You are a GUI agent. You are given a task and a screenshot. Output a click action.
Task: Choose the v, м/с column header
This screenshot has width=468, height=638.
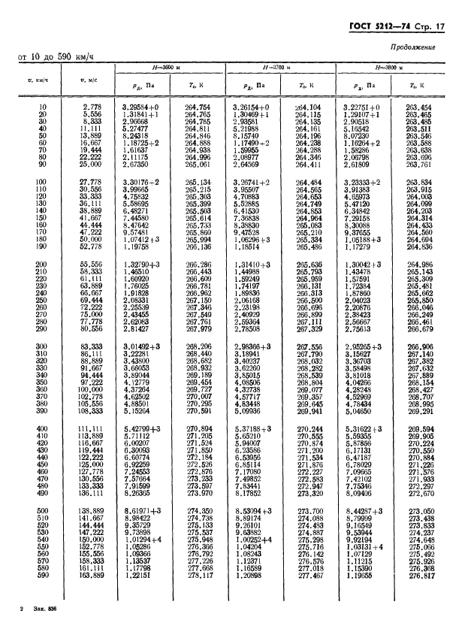tap(89, 78)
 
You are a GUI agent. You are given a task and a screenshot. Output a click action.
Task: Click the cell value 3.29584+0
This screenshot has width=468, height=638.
tap(142, 108)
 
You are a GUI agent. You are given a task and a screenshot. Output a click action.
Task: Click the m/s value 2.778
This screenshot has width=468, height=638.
tap(93, 108)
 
